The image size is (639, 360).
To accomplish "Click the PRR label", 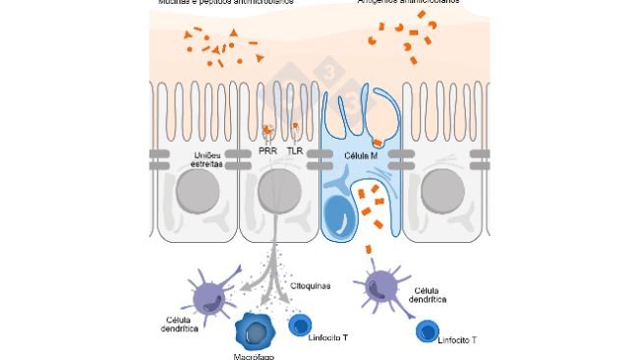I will click(267, 151).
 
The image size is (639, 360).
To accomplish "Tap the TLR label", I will click(295, 151).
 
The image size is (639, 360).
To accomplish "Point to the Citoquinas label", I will click(310, 285).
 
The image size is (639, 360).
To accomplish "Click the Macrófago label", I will click(254, 356).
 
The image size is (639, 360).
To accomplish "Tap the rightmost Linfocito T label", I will click(460, 339).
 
